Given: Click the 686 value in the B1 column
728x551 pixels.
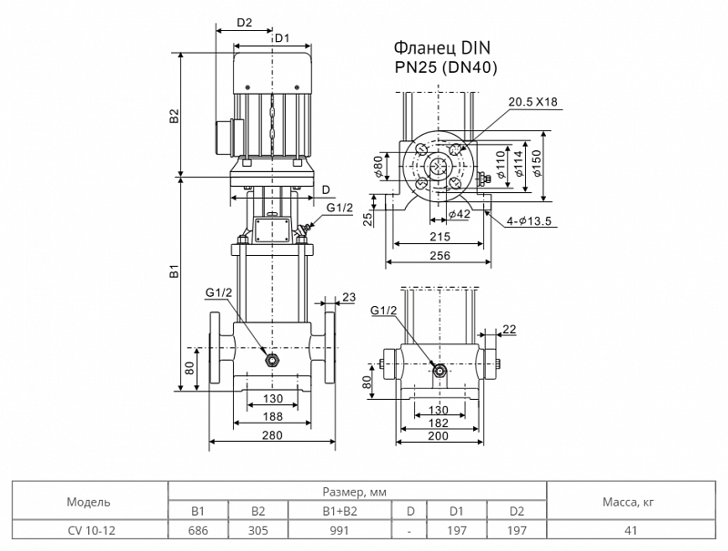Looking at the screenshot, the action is pyautogui.click(x=197, y=530).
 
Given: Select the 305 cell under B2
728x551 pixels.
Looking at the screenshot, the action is pyautogui.click(x=258, y=530).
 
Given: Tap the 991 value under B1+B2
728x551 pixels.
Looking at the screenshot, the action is pyautogui.click(x=339, y=530).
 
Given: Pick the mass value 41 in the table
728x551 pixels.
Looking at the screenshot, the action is pyautogui.click(x=631, y=530).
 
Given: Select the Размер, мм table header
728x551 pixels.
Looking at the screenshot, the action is pyautogui.click(x=354, y=492).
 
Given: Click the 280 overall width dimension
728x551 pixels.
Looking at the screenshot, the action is pyautogui.click(x=272, y=434).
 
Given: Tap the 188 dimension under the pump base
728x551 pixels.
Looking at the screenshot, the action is pyautogui.click(x=272, y=416).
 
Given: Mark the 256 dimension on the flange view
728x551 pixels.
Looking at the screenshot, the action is pyautogui.click(x=440, y=255).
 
